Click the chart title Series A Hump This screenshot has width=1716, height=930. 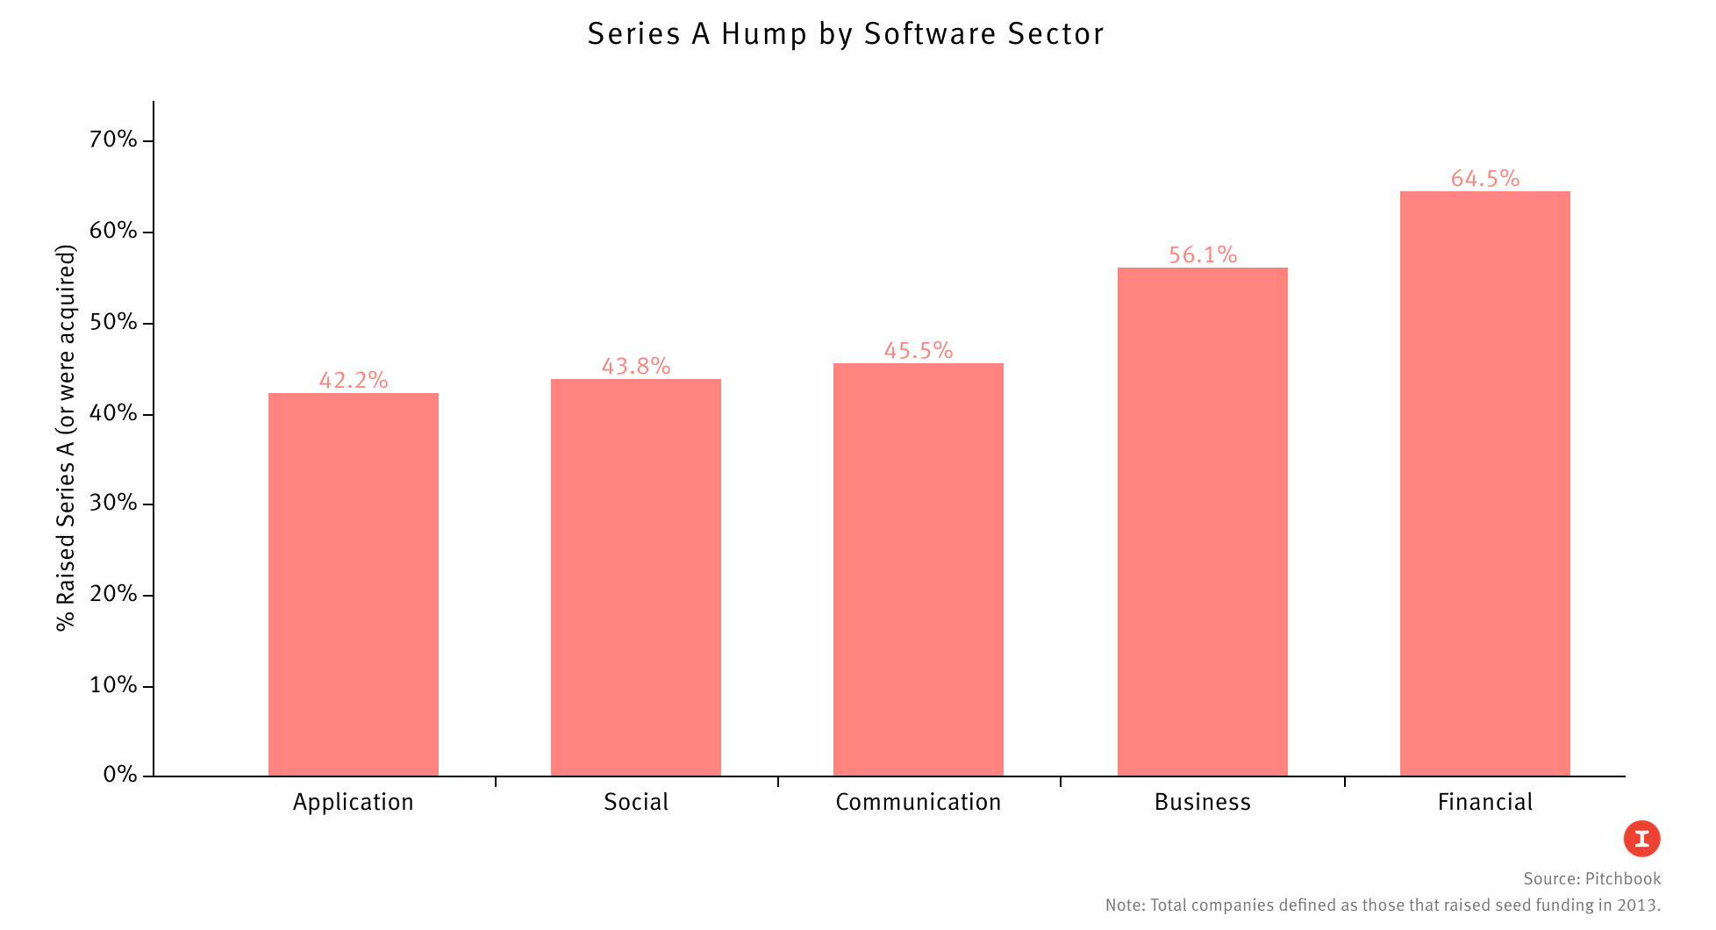coord(845,34)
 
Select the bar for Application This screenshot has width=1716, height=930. coord(353,584)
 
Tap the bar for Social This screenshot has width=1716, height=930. coord(635,577)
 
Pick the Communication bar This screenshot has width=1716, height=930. coord(918,569)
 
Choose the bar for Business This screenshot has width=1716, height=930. coord(1202,522)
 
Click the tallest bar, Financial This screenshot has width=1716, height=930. coord(1484,483)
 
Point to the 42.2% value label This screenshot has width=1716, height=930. coord(353,380)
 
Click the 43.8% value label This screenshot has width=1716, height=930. coord(635,366)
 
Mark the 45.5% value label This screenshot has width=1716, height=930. coord(918,350)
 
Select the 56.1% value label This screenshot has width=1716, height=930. coord(1202,254)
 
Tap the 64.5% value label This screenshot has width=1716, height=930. coord(1484,178)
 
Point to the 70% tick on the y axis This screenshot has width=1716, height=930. coord(114,139)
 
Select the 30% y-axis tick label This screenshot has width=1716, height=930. coord(114,503)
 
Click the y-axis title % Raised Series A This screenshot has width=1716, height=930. coord(66,437)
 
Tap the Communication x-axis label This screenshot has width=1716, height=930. coord(918,802)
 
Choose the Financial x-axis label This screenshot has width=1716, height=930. coord(1484,802)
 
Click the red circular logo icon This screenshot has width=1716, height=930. coord(1641,839)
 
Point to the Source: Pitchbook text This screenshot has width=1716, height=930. coord(1591,879)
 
